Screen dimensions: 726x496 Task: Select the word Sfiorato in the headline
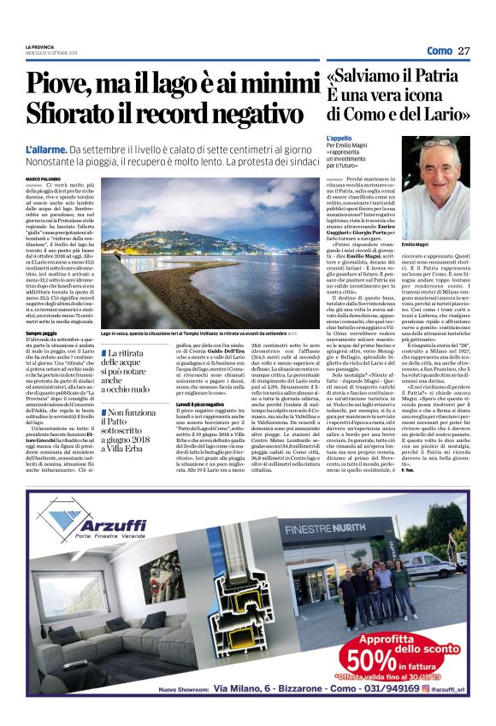(76, 117)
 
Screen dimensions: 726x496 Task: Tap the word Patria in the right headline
(440, 75)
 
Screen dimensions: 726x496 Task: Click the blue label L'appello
(340, 138)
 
